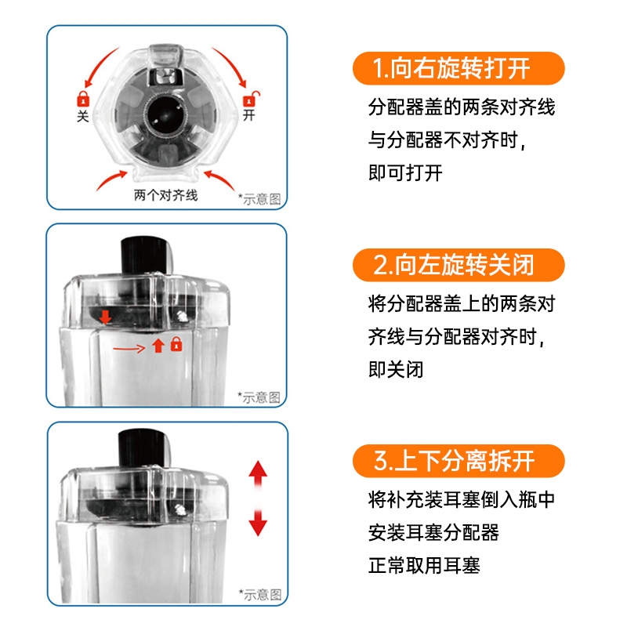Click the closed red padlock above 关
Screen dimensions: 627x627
pos(83,99)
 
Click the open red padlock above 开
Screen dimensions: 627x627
pos(251,99)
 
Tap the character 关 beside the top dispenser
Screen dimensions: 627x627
pos(83,116)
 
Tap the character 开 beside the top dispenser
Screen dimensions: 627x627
pos(249,115)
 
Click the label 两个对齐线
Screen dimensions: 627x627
pos(165,195)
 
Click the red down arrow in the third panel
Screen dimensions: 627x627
pos(258,522)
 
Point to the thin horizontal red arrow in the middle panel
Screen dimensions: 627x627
pos(129,349)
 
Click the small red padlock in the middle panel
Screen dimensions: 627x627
pos(176,344)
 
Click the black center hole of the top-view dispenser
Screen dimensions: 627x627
pos(165,114)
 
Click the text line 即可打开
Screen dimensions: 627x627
pos(405,173)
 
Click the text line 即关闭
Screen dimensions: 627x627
pos(396,369)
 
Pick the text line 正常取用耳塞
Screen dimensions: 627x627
pos(424,565)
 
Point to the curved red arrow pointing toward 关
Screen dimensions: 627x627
pos(101,67)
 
